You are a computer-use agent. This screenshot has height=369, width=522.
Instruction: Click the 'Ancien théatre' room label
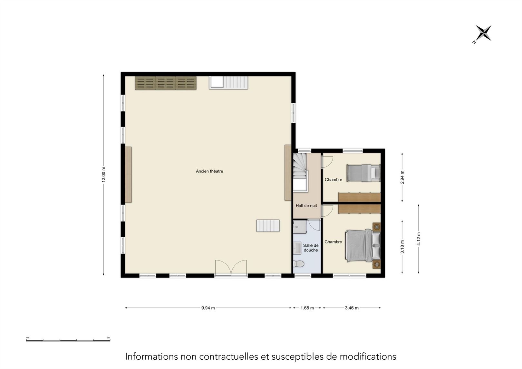[209, 171]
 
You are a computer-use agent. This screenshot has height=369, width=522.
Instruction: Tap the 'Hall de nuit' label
[306, 205]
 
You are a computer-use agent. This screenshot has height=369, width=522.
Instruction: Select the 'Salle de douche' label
[311, 248]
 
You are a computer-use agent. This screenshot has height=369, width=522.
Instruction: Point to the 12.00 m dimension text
[104, 175]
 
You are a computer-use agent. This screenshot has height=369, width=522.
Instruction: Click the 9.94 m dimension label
[208, 308]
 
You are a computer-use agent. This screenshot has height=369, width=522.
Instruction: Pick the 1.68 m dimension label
[307, 308]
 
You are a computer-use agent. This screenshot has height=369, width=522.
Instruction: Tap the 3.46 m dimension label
[352, 308]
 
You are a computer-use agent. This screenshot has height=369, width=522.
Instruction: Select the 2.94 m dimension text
[402, 177]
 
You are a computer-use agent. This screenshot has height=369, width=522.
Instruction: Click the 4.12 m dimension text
[419, 239]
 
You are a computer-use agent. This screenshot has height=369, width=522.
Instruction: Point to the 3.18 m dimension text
[402, 247]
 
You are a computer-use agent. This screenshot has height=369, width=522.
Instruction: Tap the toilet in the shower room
[298, 264]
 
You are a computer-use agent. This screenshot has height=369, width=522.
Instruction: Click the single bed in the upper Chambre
[363, 173]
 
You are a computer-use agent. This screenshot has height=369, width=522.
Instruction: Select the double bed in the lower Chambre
[363, 246]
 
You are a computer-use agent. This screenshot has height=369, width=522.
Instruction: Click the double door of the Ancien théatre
[231, 268]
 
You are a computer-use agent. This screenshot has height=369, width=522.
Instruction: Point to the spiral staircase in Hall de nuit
[301, 172]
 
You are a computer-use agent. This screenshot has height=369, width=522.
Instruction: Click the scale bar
[68, 340]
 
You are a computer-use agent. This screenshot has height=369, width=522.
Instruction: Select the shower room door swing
[314, 225]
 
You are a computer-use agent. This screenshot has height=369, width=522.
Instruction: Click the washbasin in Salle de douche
[297, 248]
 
